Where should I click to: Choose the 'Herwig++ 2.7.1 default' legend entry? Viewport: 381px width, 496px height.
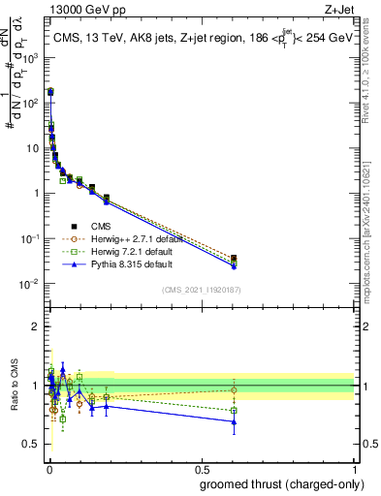[x=136, y=238]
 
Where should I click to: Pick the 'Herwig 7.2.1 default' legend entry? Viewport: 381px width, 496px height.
[x=134, y=251]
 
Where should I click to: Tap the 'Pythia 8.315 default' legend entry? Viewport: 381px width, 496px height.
[x=133, y=263]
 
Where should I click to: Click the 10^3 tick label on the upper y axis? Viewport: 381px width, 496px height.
[x=31, y=57]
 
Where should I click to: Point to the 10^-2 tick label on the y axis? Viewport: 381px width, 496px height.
[x=31, y=284]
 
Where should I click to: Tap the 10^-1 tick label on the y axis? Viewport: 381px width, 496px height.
[x=31, y=238]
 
